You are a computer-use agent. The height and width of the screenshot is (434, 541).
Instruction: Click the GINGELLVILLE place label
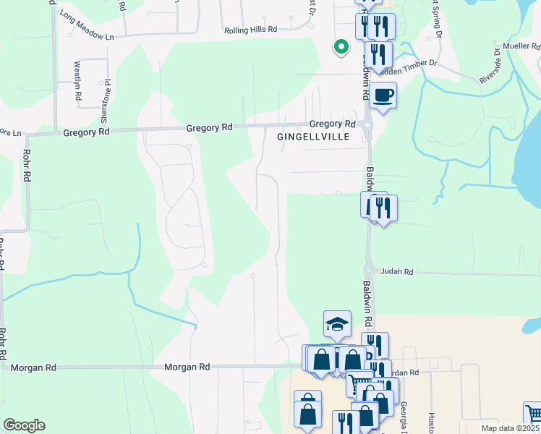point(313,136)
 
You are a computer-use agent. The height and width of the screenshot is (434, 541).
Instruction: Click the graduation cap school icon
point(337,324)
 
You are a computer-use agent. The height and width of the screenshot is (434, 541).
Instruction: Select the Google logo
point(24,425)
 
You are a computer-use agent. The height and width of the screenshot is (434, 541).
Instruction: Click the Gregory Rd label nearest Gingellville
point(333,124)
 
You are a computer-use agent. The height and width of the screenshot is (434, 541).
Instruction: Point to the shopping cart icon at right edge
point(534,414)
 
